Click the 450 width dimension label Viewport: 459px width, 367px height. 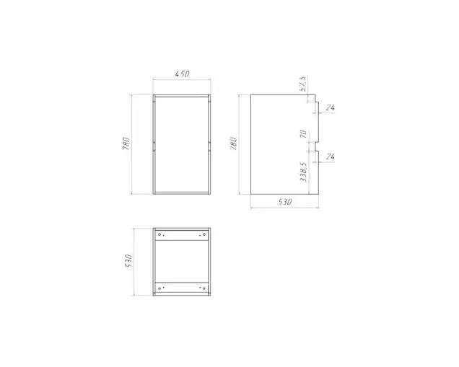pos(182,74)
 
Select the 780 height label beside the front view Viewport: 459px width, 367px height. pos(126,143)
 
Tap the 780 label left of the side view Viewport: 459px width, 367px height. pos(233,143)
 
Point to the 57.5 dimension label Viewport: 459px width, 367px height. pos(303,84)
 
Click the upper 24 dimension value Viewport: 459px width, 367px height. pos(331,107)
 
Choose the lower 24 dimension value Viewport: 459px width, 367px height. pos(331,156)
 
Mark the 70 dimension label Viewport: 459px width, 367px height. pos(303,134)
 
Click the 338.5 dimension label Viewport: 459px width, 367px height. pos(303,172)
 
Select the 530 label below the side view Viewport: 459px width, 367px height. pos(285,202)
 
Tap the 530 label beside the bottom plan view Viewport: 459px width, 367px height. pos(128,261)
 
